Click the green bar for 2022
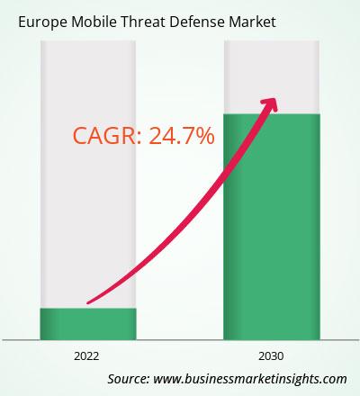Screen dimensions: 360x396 [x=88, y=324]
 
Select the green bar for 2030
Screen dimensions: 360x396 [x=272, y=227]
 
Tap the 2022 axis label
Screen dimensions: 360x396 [x=86, y=356]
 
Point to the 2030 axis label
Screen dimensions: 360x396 [x=271, y=356]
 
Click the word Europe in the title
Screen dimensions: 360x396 [x=42, y=22]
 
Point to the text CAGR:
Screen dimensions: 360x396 [x=107, y=136]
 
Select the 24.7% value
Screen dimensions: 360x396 [x=182, y=136]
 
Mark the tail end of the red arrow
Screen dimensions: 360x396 [x=88, y=302]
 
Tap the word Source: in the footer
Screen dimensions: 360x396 [x=129, y=379]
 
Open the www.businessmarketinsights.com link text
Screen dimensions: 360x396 [x=250, y=379]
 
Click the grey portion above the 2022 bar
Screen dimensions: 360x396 [x=88, y=175]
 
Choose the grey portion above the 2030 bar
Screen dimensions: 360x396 [x=272, y=77]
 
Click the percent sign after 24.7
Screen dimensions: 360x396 [x=204, y=136]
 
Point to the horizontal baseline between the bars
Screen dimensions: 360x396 [x=180, y=340]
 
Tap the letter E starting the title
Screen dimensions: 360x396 [x=22, y=22]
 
